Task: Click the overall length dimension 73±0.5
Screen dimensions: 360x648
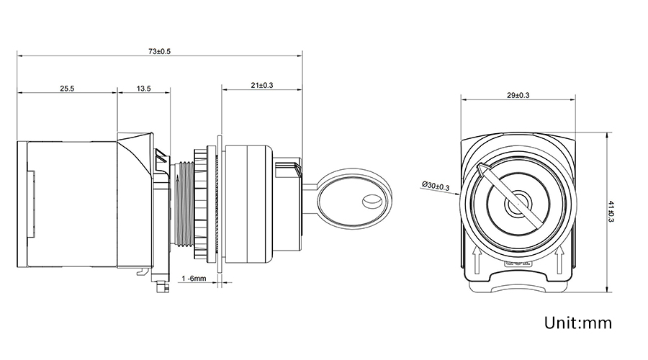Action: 158,50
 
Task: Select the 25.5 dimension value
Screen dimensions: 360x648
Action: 67,89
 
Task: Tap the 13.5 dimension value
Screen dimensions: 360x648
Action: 143,89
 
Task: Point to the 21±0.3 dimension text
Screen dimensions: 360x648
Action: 262,85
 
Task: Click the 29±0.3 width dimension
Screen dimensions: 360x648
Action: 518,95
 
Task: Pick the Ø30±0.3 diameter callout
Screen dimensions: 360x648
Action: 434,187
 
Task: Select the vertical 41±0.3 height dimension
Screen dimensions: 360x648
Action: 611,212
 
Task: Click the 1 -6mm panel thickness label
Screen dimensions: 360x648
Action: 194,278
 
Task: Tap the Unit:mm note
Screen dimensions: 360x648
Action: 577,322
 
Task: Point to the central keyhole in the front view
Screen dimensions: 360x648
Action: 516,205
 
